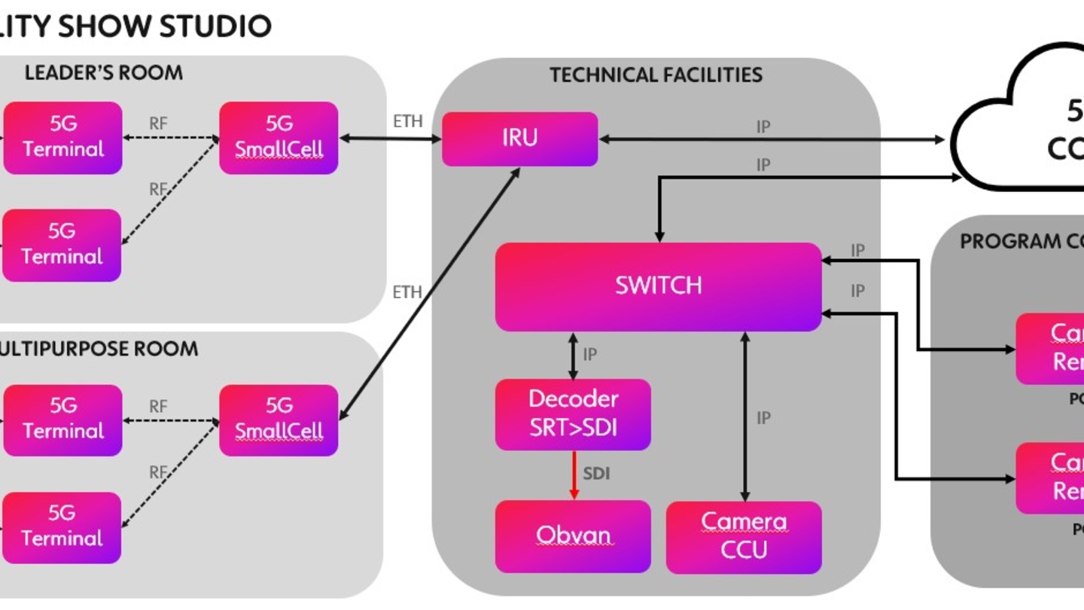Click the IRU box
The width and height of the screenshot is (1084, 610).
519,139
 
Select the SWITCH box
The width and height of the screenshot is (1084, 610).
658,286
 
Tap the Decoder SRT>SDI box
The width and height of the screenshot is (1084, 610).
573,414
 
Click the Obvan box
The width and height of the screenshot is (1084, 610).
573,535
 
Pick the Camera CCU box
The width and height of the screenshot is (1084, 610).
744,537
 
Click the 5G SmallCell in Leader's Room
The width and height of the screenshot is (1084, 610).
279,137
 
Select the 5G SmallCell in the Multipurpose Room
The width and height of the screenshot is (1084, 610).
279,419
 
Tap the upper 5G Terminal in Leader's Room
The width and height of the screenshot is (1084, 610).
62,137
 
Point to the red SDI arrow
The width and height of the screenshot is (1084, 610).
574,474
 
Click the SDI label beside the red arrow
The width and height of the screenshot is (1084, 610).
596,474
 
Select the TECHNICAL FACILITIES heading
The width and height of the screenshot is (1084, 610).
656,75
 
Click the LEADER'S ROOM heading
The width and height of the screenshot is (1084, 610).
103,73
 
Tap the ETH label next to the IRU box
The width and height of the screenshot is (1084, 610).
408,120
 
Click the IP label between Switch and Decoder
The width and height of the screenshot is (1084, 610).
590,354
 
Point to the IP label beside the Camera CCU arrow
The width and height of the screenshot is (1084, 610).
763,418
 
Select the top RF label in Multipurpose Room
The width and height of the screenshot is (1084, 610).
158,407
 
